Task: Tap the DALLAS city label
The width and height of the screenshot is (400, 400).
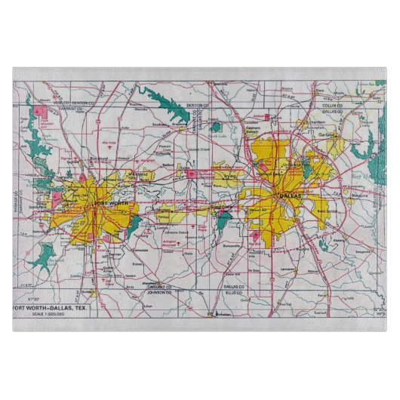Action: (x=290, y=196)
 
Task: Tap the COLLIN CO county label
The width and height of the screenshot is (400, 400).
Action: (x=331, y=105)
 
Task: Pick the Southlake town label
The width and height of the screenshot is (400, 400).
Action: (x=160, y=122)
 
